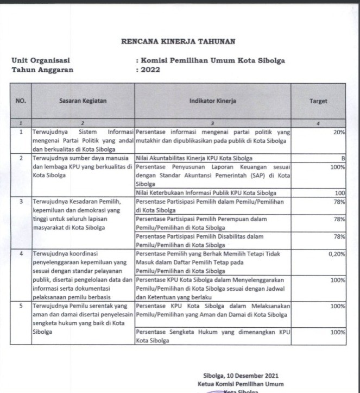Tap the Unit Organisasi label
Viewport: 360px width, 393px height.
click(41, 60)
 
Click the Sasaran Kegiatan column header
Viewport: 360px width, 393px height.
click(83, 101)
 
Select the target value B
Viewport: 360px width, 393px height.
click(343, 158)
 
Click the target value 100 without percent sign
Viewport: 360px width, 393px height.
click(340, 193)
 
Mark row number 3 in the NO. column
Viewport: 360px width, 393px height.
click(21, 202)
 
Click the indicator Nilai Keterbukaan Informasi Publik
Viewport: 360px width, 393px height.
click(206, 193)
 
